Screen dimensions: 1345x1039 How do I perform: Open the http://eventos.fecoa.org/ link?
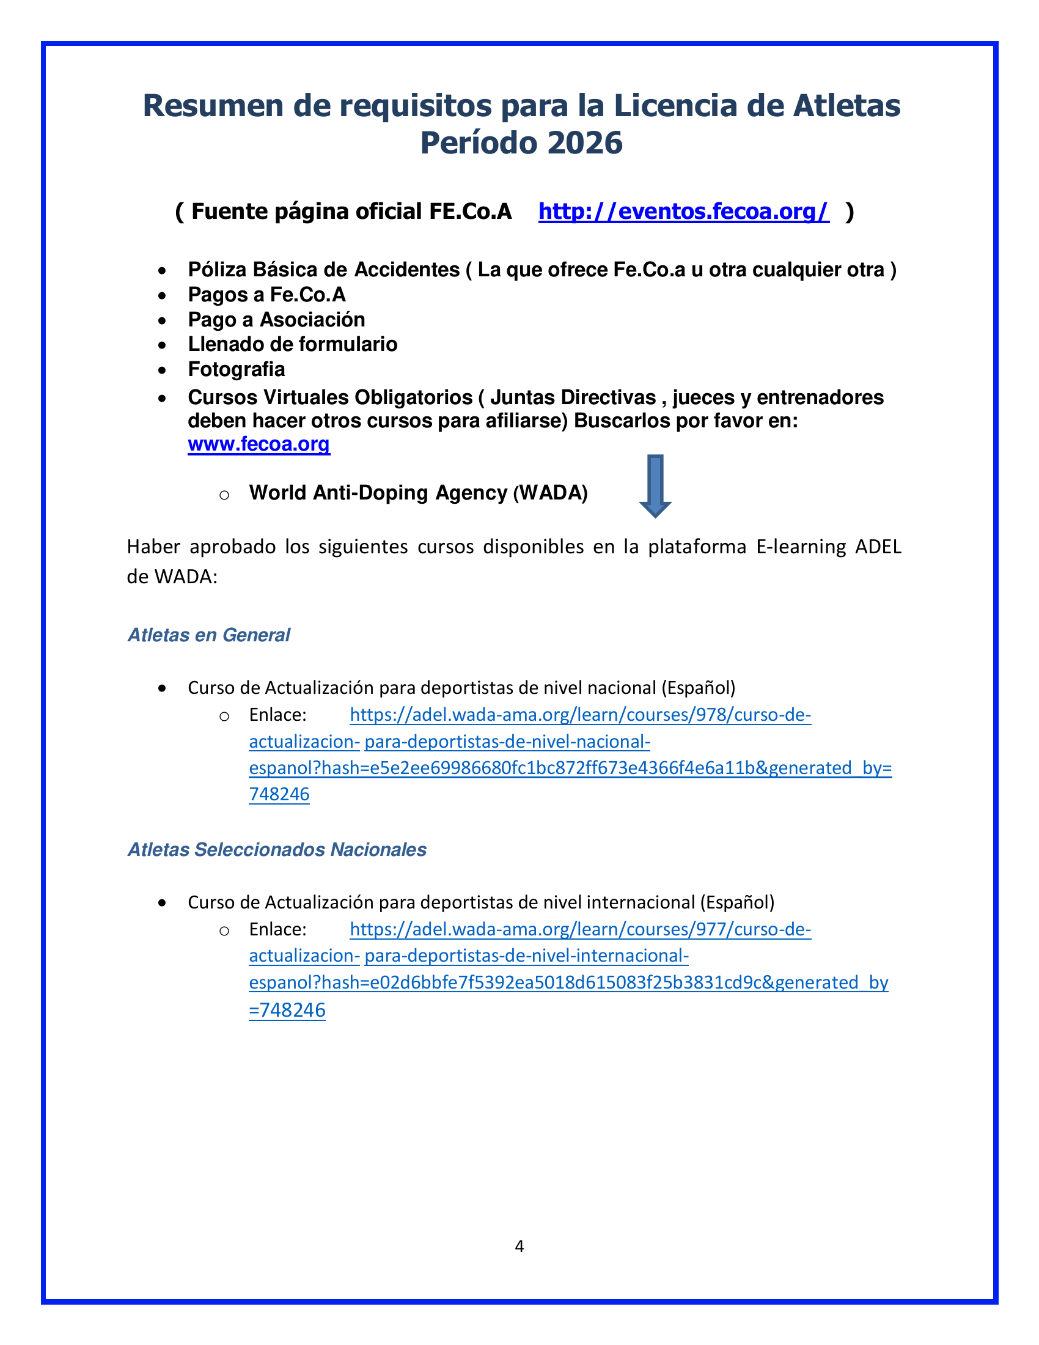(x=683, y=212)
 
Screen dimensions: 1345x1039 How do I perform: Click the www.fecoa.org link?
(x=259, y=444)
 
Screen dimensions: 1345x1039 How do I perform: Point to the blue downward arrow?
(x=655, y=486)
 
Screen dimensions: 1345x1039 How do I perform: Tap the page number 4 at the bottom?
(x=519, y=1247)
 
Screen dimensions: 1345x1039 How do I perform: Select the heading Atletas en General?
(x=208, y=635)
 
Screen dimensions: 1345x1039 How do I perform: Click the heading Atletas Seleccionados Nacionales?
(x=277, y=849)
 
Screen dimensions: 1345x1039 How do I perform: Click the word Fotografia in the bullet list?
(x=237, y=369)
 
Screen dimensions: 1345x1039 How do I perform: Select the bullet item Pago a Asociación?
(x=276, y=320)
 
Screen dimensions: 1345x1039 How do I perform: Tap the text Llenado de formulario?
(x=292, y=344)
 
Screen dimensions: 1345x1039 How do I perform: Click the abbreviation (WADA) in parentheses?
(x=550, y=493)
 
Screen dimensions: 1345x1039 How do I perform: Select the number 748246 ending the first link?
(x=279, y=794)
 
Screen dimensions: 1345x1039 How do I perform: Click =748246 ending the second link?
(x=287, y=1010)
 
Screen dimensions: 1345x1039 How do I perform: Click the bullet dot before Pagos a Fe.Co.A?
(x=162, y=296)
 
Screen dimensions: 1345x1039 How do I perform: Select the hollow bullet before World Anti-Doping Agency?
(x=224, y=494)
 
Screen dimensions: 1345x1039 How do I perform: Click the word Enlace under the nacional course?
(x=277, y=715)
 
